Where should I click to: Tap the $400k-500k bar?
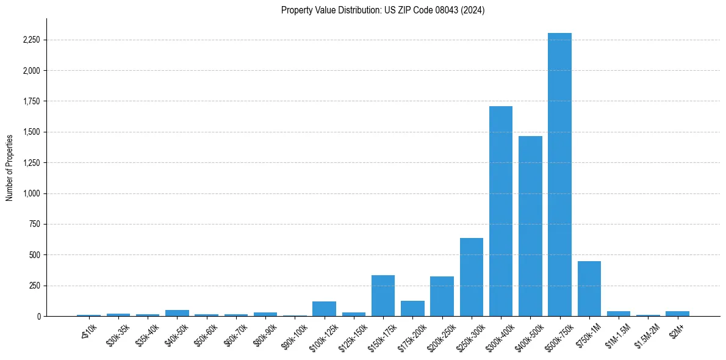click(x=530, y=226)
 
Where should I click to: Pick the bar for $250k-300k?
click(x=472, y=277)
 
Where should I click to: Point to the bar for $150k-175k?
click(x=383, y=296)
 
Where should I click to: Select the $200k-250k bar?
click(x=442, y=297)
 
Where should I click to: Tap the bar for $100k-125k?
click(x=324, y=309)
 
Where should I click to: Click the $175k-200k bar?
click(x=412, y=309)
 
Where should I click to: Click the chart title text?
click(x=383, y=10)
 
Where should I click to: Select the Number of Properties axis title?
click(x=9, y=167)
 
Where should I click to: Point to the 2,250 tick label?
click(x=31, y=40)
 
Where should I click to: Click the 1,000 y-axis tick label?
click(x=31, y=193)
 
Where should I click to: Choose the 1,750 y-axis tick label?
click(x=31, y=101)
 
